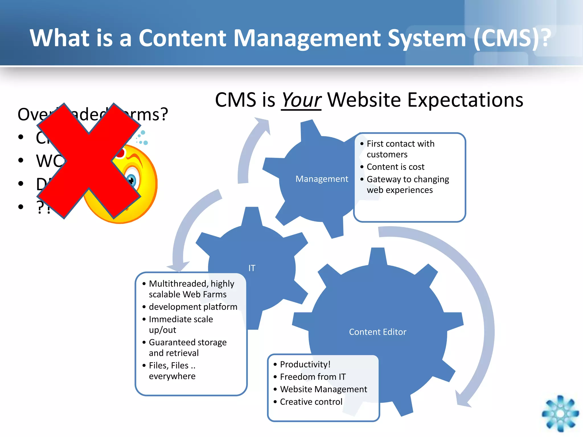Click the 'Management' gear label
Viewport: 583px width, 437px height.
pos(322,179)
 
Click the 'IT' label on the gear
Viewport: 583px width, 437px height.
pos(252,268)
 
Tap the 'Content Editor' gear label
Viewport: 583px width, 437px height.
pos(377,332)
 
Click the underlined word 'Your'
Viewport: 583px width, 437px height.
pos(301,100)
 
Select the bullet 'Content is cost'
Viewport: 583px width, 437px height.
pos(395,167)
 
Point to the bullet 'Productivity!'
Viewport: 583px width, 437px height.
pos(305,364)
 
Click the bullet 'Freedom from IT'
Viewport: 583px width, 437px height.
pos(313,377)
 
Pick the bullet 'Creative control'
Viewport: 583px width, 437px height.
pos(311,402)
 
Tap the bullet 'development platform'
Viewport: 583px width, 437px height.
pos(193,307)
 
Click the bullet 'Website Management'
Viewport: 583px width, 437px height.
pos(323,389)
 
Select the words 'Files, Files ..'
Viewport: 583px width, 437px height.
pos(172,365)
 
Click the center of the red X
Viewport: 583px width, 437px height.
pos(89,161)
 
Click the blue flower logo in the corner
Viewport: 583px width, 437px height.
pos(560,413)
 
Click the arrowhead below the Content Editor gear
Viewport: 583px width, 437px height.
pos(462,400)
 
